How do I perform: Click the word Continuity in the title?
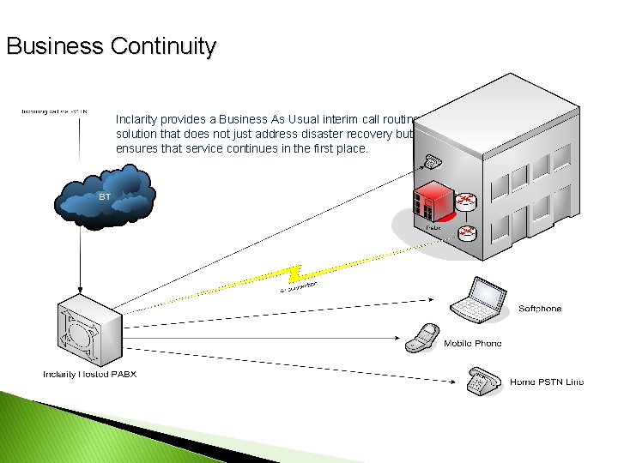point(163,46)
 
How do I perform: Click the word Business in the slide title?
point(55,46)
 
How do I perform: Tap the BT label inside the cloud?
point(105,197)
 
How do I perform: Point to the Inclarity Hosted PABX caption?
point(89,375)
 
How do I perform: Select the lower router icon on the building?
point(467,231)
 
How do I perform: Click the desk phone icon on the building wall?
point(431,162)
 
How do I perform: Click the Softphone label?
point(540,309)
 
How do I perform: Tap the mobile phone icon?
point(421,338)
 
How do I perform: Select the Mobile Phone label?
point(473,344)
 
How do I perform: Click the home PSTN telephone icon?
point(482,381)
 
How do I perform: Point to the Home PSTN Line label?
point(547,382)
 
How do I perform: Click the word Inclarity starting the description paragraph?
point(137,119)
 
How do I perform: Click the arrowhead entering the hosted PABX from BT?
point(80,290)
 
